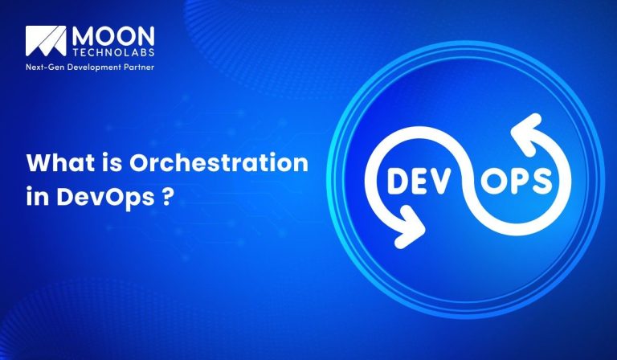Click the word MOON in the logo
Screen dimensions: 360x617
109,37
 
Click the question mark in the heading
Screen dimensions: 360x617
165,198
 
